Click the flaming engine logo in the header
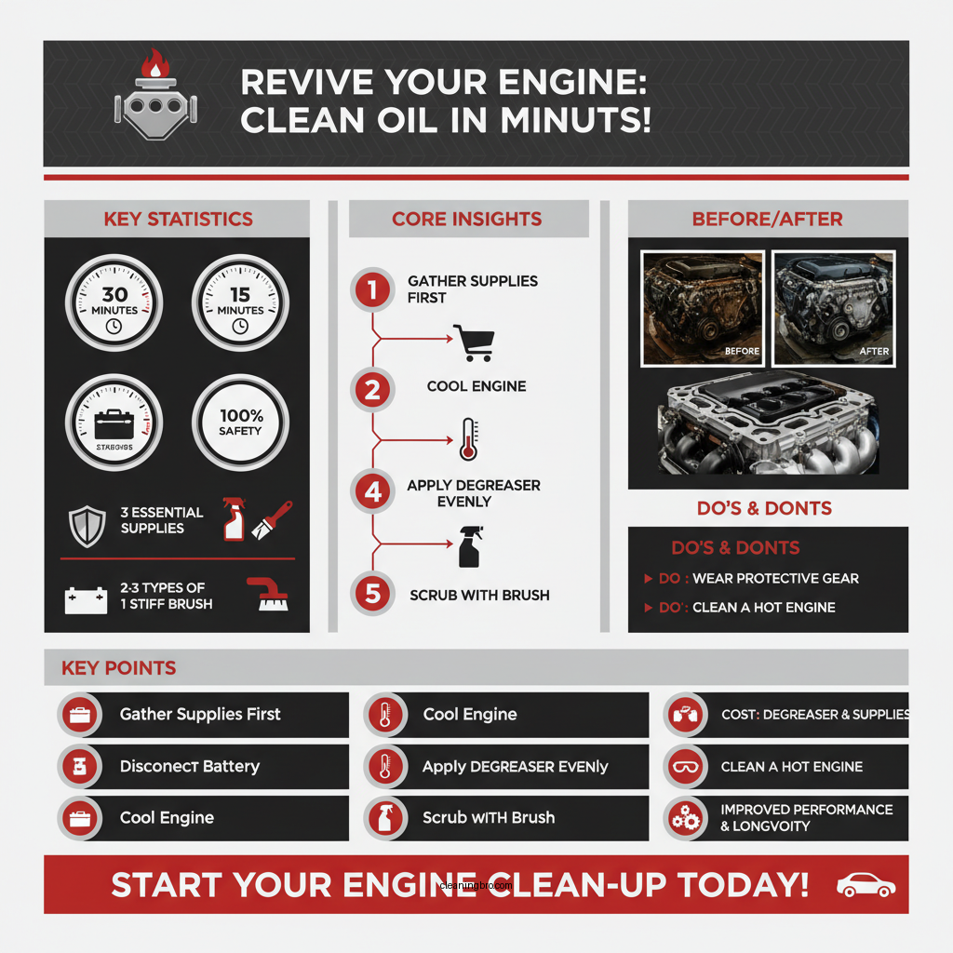pyautogui.click(x=151, y=95)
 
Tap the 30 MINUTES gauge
pyautogui.click(x=114, y=303)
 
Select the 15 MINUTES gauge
pyautogui.click(x=239, y=303)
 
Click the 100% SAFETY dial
pyautogui.click(x=239, y=423)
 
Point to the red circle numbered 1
pyautogui.click(x=372, y=290)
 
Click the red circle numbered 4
pyautogui.click(x=372, y=491)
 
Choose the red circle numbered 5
pyautogui.click(x=372, y=594)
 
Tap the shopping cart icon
pyautogui.click(x=471, y=342)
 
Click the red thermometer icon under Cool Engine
pyautogui.click(x=468, y=439)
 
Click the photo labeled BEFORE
pyautogui.click(x=704, y=307)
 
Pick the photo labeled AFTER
pyautogui.click(x=834, y=307)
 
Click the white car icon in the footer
pyautogui.click(x=866, y=885)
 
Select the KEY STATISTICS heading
pyautogui.click(x=178, y=220)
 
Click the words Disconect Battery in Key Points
pyautogui.click(x=190, y=767)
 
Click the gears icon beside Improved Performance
pyautogui.click(x=686, y=818)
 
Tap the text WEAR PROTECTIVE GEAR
pyautogui.click(x=775, y=578)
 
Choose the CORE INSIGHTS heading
pyautogui.click(x=467, y=220)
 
